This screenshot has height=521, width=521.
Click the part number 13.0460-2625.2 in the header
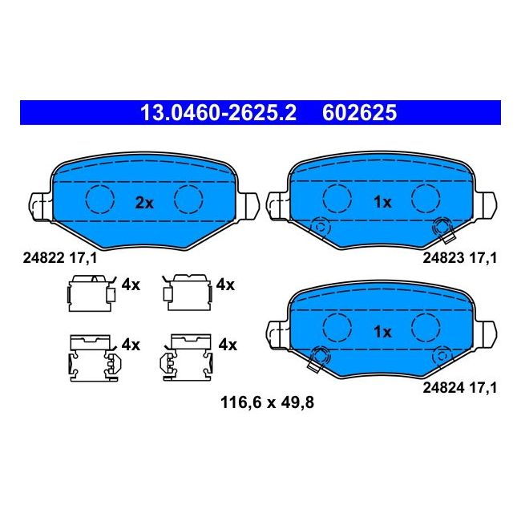218,113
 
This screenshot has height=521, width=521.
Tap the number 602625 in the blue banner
359,113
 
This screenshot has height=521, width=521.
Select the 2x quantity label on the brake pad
143,203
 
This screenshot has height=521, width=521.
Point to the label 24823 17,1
459,257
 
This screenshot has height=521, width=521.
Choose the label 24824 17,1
459,387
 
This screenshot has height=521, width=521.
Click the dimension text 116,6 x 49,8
267,403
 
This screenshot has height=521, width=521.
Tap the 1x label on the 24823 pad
382,203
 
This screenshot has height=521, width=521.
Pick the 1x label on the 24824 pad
382,330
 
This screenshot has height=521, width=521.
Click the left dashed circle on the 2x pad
100,199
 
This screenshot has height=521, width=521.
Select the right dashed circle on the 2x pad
190,199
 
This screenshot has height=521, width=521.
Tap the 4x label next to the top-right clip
225,285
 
